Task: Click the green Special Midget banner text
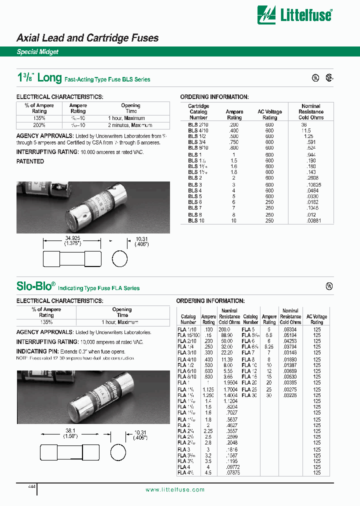[37, 52]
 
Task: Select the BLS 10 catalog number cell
[196, 220]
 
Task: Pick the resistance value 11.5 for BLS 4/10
[306, 130]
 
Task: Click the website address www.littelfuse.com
[175, 490]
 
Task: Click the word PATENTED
[30, 161]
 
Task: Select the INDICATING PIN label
[38, 351]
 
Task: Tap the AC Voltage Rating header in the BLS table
[269, 114]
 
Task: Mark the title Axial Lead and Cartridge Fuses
[87, 38]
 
